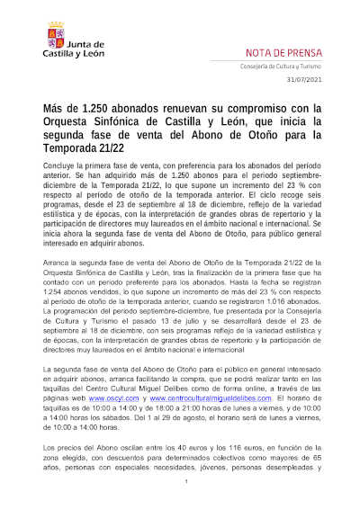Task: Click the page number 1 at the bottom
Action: coord(184,483)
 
